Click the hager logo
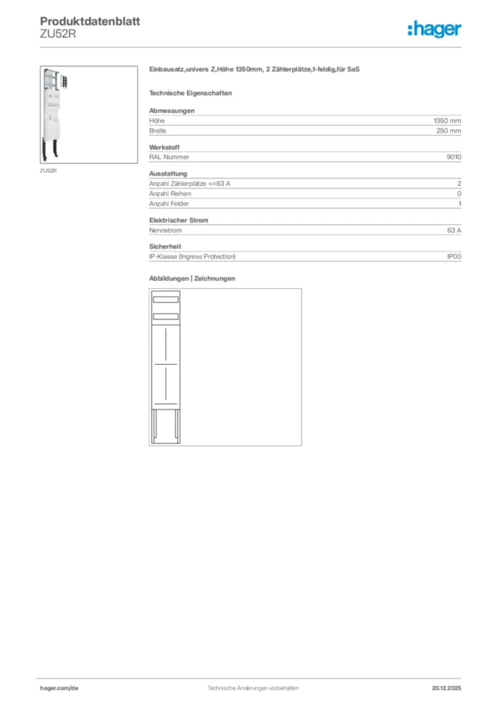pos(434,29)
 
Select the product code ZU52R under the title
pos(57,34)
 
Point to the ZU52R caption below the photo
pos(48,171)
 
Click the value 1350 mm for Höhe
pos(447,121)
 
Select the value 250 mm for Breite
pos(449,130)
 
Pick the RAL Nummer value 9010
pos(454,157)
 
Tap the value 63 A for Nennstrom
pos(453,230)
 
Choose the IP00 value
pos(454,256)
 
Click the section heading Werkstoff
pos(165,147)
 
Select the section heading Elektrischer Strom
pos(178,220)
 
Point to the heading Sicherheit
pos(165,246)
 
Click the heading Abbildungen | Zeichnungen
pos(192,278)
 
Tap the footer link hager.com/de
pos(59,688)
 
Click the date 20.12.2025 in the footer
pos(446,688)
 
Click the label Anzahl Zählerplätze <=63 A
pos(194,184)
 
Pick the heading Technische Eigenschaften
pos(190,93)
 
